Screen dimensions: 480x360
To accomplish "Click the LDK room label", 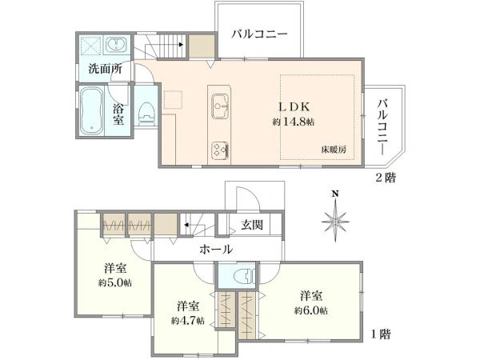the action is click(294, 107).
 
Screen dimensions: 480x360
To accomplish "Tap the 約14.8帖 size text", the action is click(294, 122).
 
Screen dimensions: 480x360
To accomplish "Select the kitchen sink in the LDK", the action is click(221, 106).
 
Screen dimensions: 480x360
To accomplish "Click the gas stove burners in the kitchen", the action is click(220, 150).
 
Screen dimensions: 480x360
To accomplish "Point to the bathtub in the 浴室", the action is click(91, 110).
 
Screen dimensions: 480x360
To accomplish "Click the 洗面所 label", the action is click(106, 69).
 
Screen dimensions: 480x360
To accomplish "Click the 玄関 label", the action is click(252, 226).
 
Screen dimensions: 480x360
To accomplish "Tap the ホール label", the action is click(216, 250).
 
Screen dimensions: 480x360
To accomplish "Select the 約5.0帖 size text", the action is click(115, 283).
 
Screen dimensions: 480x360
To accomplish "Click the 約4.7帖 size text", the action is click(188, 321).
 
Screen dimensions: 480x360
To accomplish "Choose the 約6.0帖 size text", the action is click(310, 311).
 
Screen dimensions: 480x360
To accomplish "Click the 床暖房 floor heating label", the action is click(334, 150).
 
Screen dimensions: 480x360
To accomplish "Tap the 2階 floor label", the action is click(386, 178).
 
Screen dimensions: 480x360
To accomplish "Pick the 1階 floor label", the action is click(381, 334).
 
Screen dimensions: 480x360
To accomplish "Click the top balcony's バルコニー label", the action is click(259, 34).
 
